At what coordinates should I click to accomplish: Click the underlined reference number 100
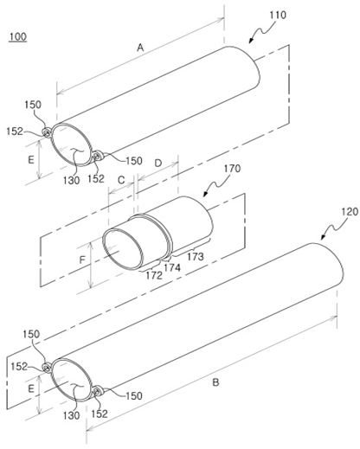pos(18,37)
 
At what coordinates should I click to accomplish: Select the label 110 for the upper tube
pos(278,16)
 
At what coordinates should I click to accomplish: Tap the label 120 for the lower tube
pos(350,212)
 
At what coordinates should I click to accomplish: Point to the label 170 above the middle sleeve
pos(232,169)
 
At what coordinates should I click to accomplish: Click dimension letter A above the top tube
pos(140,48)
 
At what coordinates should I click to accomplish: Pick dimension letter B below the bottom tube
pos(215,382)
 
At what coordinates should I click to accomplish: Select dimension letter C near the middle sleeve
pos(121,181)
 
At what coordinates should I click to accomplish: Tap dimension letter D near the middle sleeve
pos(158,164)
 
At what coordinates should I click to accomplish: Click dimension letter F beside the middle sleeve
pos(82,260)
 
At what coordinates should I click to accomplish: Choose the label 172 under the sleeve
pos(154,275)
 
